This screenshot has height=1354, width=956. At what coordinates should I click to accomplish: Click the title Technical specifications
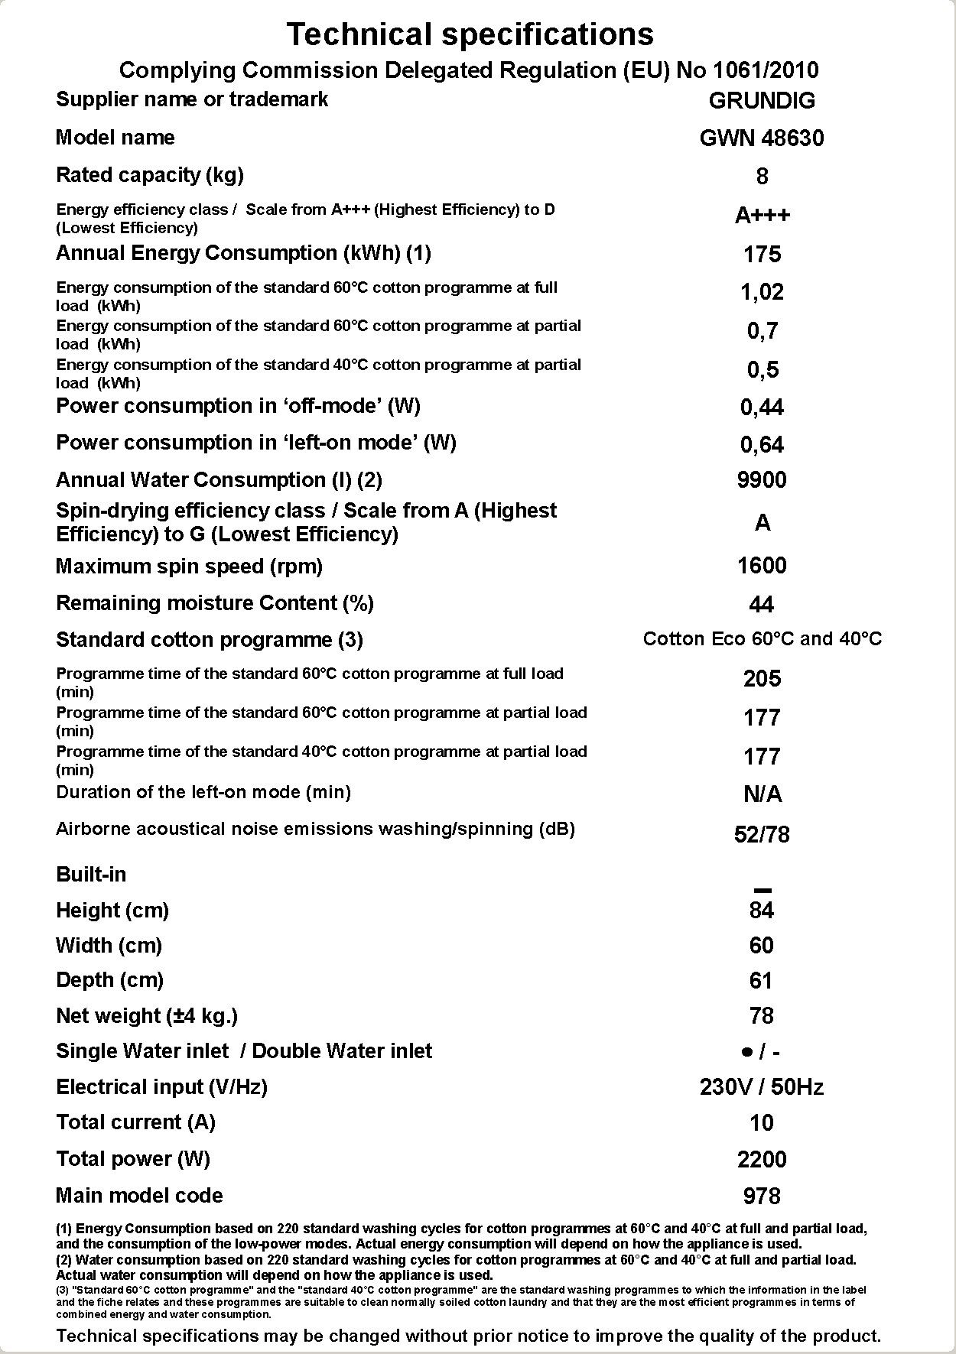pyautogui.click(x=470, y=34)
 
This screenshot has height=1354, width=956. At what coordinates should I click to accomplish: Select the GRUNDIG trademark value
pyautogui.click(x=762, y=100)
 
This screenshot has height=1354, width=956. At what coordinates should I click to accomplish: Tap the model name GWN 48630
pyautogui.click(x=762, y=138)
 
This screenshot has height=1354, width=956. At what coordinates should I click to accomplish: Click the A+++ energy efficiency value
pyautogui.click(x=762, y=216)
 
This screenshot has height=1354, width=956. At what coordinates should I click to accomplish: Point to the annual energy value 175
pyautogui.click(x=762, y=254)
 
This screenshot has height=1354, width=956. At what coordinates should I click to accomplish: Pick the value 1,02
pyautogui.click(x=762, y=292)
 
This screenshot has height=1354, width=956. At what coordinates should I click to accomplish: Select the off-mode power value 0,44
pyautogui.click(x=762, y=407)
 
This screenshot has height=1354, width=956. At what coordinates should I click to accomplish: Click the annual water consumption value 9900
pyautogui.click(x=762, y=480)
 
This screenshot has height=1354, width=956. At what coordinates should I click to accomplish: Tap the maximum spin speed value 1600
pyautogui.click(x=762, y=566)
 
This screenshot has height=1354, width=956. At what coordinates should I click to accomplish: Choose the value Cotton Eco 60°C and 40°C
pyautogui.click(x=762, y=639)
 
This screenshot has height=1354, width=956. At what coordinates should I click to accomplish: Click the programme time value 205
pyautogui.click(x=762, y=679)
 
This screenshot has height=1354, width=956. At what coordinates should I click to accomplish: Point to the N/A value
pyautogui.click(x=762, y=795)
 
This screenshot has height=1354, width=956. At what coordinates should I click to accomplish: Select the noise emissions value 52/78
pyautogui.click(x=762, y=834)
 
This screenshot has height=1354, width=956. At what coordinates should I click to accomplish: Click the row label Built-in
pyautogui.click(x=91, y=875)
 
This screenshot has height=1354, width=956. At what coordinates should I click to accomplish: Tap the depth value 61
pyautogui.click(x=762, y=981)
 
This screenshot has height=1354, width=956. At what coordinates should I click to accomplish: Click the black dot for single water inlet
pyautogui.click(x=746, y=1053)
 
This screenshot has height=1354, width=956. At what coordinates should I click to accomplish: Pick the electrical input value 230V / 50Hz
pyautogui.click(x=762, y=1087)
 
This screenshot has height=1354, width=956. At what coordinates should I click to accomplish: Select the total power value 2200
pyautogui.click(x=762, y=1160)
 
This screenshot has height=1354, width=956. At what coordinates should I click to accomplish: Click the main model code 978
pyautogui.click(x=762, y=1196)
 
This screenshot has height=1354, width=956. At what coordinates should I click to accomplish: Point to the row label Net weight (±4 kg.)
pyautogui.click(x=147, y=1016)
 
